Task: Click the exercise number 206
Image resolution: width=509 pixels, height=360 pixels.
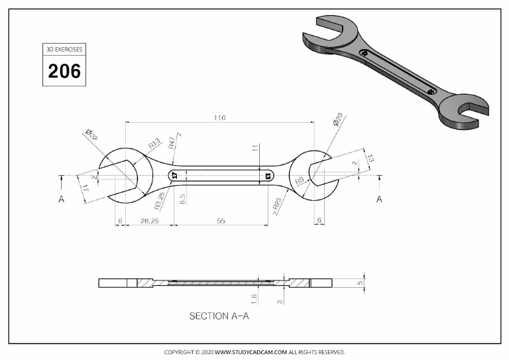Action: tap(64, 71)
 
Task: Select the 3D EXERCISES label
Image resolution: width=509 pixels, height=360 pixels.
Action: tap(64, 50)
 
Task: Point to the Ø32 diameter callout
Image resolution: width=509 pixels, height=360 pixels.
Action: tap(91, 136)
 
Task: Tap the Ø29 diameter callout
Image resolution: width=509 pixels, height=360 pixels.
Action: tap(337, 121)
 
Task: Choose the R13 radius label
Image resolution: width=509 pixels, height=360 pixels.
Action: tap(154, 143)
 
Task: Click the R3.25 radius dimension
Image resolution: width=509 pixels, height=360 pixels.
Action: tap(160, 200)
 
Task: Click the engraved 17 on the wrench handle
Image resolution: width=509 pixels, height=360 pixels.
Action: tap(174, 176)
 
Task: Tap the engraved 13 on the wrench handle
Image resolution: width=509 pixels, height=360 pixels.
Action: tap(268, 176)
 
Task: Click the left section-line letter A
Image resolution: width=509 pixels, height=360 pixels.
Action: tap(61, 199)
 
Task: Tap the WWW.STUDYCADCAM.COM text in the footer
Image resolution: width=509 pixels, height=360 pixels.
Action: tap(251, 352)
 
